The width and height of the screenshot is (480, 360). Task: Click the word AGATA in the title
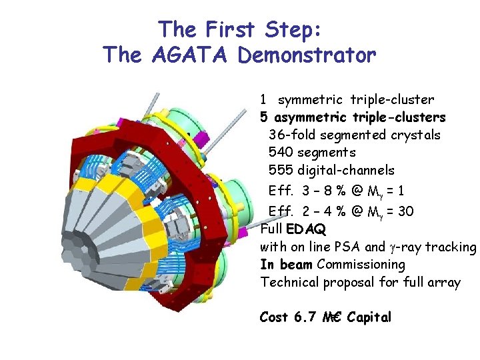point(191,55)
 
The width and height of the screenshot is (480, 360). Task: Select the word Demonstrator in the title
point(307,55)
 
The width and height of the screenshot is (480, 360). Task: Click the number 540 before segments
point(281,153)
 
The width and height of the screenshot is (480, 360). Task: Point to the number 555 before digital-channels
point(281,171)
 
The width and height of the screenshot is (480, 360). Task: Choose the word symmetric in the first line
point(311,100)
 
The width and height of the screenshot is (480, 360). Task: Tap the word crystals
point(417,135)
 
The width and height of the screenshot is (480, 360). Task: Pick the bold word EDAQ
point(306,229)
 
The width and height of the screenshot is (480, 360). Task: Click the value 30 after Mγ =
point(405,211)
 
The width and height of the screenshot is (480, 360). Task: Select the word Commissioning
point(361,265)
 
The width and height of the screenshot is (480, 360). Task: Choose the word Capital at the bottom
point(369,317)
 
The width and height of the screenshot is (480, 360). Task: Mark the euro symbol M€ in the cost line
point(332,317)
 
